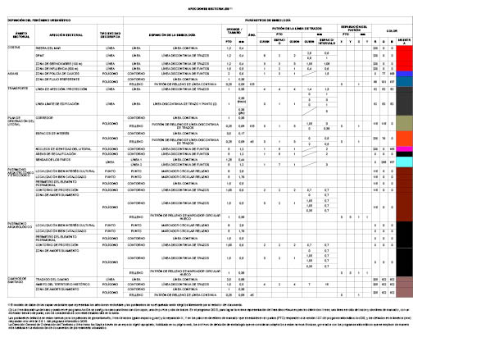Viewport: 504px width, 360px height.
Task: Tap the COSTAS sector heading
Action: pyautogui.click(x=14, y=48)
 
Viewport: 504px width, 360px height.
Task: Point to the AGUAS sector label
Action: pyautogui.click(x=13, y=71)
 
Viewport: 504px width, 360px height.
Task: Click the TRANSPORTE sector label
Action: pyautogui.click(x=18, y=87)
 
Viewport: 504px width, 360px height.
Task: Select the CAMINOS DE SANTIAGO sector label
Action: pyautogui.click(x=18, y=281)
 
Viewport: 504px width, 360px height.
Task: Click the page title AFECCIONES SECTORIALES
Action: pyautogui.click(x=251, y=6)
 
